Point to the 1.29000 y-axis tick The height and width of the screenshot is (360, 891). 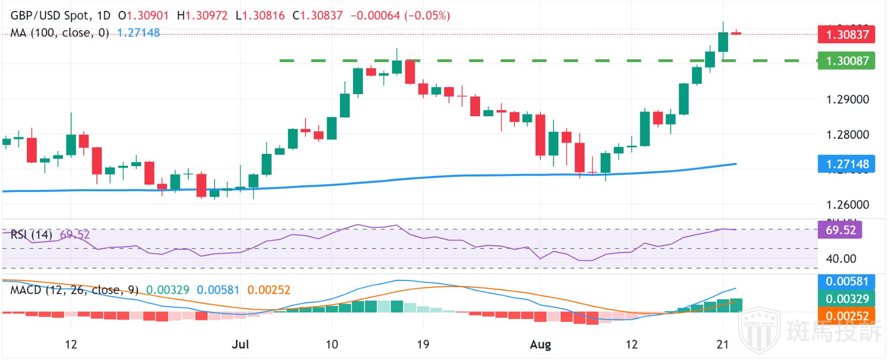pos(847,100)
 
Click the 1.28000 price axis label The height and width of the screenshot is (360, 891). pos(847,135)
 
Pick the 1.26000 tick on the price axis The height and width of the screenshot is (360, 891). pos(847,205)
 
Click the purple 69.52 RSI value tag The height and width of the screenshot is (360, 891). pos(841,230)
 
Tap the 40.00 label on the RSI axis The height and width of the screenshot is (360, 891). pos(841,259)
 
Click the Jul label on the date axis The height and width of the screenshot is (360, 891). pos(241,345)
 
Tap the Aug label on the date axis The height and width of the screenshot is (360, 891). pos(540,345)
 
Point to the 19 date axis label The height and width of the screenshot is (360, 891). pos(423,345)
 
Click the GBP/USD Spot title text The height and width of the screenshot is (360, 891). pos(49,16)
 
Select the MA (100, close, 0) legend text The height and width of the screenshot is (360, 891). pos(60,33)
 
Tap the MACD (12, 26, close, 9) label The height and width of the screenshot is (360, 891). pos(74,290)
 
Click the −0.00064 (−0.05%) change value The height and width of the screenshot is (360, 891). pos(401,16)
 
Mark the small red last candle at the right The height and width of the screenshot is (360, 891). pos(736,33)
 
